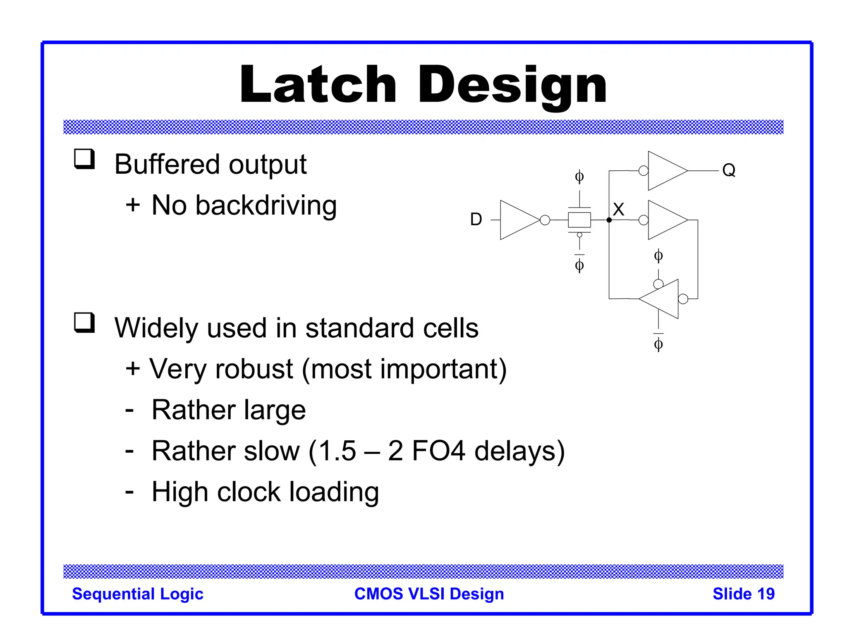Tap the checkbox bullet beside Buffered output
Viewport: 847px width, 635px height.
84,159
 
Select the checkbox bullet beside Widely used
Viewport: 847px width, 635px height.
84,322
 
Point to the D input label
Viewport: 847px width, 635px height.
476,220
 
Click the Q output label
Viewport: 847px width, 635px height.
729,170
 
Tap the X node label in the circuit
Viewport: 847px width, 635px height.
618,210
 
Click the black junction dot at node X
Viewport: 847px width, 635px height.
609,220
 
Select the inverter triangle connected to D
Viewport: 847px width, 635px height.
517,220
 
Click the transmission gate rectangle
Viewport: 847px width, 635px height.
579,220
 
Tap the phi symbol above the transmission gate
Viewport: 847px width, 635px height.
579,177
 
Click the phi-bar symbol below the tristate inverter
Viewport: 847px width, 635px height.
658,344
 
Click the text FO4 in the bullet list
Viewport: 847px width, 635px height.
438,451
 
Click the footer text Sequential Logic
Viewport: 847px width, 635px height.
138,594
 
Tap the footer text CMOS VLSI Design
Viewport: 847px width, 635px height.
429,594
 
